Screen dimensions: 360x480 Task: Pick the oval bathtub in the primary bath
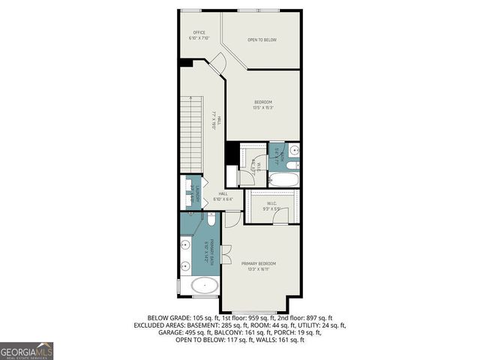click(x=205, y=285)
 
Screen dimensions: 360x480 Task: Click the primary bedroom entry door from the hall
click(x=233, y=217)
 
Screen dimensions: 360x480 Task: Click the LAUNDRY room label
click(x=193, y=195)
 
